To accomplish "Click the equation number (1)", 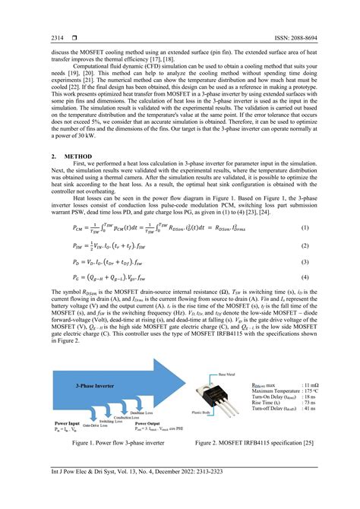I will pos(304,228).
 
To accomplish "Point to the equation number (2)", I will pos(304,245).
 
